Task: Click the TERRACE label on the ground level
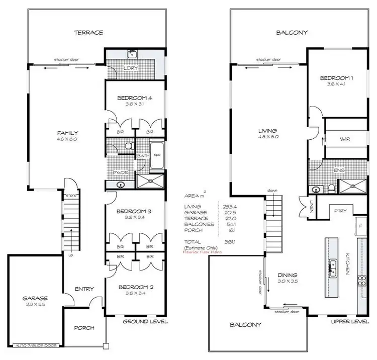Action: click(88, 32)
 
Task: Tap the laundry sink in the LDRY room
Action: click(134, 55)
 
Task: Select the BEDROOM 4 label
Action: click(134, 98)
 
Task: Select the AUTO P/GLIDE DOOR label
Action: click(34, 346)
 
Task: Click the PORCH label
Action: click(84, 328)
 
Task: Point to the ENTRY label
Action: click(84, 289)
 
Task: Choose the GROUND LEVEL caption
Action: click(145, 322)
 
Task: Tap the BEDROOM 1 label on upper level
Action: click(336, 78)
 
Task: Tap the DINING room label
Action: click(288, 275)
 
